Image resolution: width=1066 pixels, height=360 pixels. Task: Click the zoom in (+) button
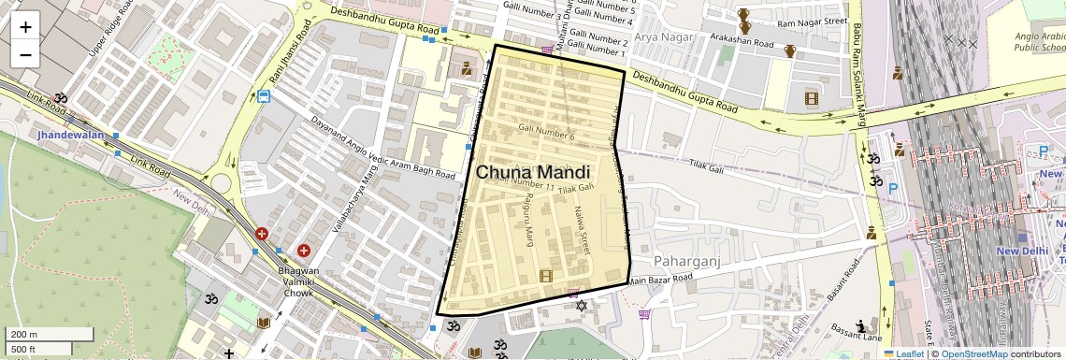point(25,26)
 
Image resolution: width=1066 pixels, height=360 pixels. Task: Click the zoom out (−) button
point(25,54)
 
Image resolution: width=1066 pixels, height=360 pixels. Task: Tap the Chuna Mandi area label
point(533,173)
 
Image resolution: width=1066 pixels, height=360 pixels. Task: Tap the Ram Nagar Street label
point(812,22)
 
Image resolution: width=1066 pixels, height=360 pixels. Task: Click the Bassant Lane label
point(856,331)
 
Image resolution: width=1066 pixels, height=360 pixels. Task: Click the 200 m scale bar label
point(22,335)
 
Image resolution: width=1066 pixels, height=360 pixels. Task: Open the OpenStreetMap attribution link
point(973,353)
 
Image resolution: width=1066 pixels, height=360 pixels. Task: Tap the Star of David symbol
point(581,306)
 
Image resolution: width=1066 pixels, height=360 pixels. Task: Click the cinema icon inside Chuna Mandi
point(546,275)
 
